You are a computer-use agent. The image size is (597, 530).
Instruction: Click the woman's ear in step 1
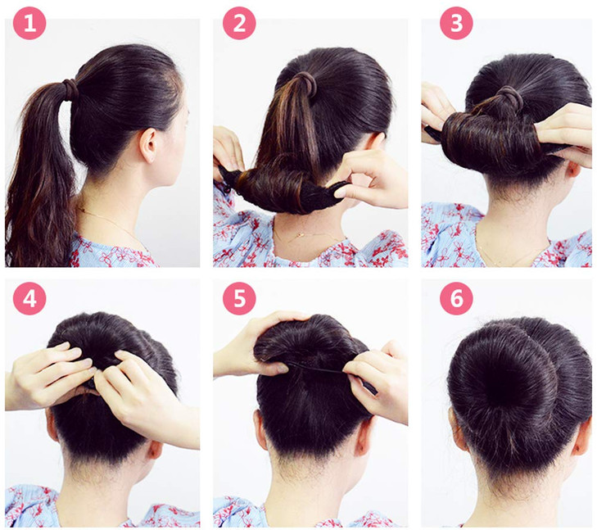[x=150, y=144]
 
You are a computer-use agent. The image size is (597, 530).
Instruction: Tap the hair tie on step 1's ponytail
[x=71, y=88]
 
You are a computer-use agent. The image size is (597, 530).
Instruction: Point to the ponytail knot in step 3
[x=507, y=100]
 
